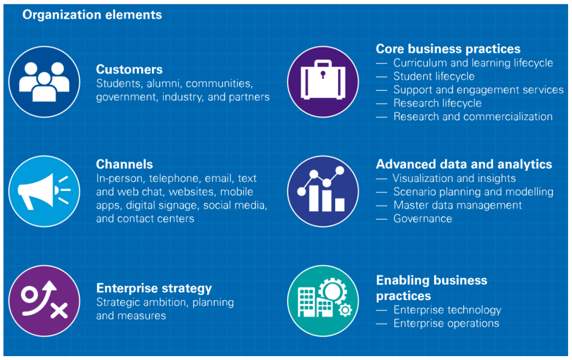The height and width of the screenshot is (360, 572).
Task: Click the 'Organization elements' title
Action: point(92,15)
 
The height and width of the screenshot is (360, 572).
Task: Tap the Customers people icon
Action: point(44,81)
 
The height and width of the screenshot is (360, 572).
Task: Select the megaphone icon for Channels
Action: point(44,191)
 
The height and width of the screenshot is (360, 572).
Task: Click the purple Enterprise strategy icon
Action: point(44,301)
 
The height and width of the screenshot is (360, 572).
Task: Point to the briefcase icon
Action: point(322,81)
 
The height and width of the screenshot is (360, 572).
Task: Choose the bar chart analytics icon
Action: point(322,191)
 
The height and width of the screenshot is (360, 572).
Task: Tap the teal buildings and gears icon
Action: point(322,301)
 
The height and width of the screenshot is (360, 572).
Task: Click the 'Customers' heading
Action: point(129,69)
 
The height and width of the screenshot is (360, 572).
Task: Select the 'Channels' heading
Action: point(124,164)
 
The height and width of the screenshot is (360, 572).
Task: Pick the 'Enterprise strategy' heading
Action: point(154,288)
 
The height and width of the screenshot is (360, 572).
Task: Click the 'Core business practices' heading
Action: point(448,49)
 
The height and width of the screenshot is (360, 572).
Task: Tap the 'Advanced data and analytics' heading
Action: point(464,164)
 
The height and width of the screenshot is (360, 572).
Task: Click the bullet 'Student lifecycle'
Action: point(433,77)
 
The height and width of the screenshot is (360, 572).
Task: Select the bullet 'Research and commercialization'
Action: point(473,117)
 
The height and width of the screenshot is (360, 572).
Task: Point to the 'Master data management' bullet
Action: point(457,205)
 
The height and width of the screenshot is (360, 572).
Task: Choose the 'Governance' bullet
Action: point(422,219)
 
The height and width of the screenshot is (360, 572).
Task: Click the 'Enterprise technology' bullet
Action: point(447,310)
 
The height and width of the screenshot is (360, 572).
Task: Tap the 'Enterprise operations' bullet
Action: point(446,323)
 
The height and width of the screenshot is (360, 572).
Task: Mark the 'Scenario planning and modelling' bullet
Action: point(473,192)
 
